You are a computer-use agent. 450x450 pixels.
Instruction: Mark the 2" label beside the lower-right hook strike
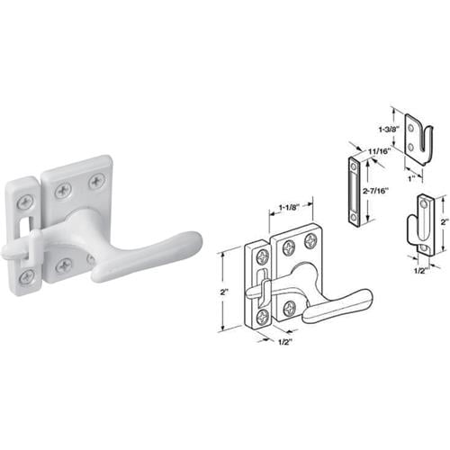coord(442,219)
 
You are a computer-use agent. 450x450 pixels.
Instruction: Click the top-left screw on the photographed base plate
coord(63,190)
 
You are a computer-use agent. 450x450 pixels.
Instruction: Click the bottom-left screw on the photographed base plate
coord(64,265)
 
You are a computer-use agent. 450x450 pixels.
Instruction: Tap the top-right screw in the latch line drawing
coord(310,240)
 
